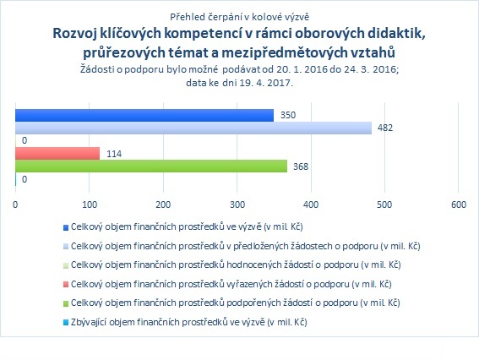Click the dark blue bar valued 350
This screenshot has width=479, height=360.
(x=144, y=116)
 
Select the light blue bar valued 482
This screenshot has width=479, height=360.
(x=193, y=128)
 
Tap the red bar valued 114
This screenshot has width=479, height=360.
(x=57, y=154)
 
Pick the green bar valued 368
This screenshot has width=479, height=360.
(x=151, y=166)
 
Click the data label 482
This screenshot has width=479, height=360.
(x=385, y=128)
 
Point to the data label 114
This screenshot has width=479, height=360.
(x=114, y=154)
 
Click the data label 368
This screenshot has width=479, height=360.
(x=301, y=166)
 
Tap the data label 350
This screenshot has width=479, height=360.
(x=288, y=115)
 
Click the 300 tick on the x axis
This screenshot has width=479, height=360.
(x=237, y=205)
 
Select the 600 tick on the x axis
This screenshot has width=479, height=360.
(x=459, y=205)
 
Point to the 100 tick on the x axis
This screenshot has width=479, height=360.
(x=90, y=205)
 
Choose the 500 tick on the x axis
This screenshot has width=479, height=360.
(x=384, y=205)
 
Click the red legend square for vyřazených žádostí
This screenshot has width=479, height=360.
(x=66, y=285)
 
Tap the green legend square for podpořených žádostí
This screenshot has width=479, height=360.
(x=66, y=303)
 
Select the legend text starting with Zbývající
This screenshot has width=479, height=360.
(x=188, y=322)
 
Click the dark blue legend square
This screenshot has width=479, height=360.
(x=66, y=227)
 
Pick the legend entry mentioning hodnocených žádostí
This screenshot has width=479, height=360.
(x=236, y=265)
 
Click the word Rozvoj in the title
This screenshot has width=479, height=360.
(x=74, y=34)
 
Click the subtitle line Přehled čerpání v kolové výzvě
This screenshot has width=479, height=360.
(x=240, y=17)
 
